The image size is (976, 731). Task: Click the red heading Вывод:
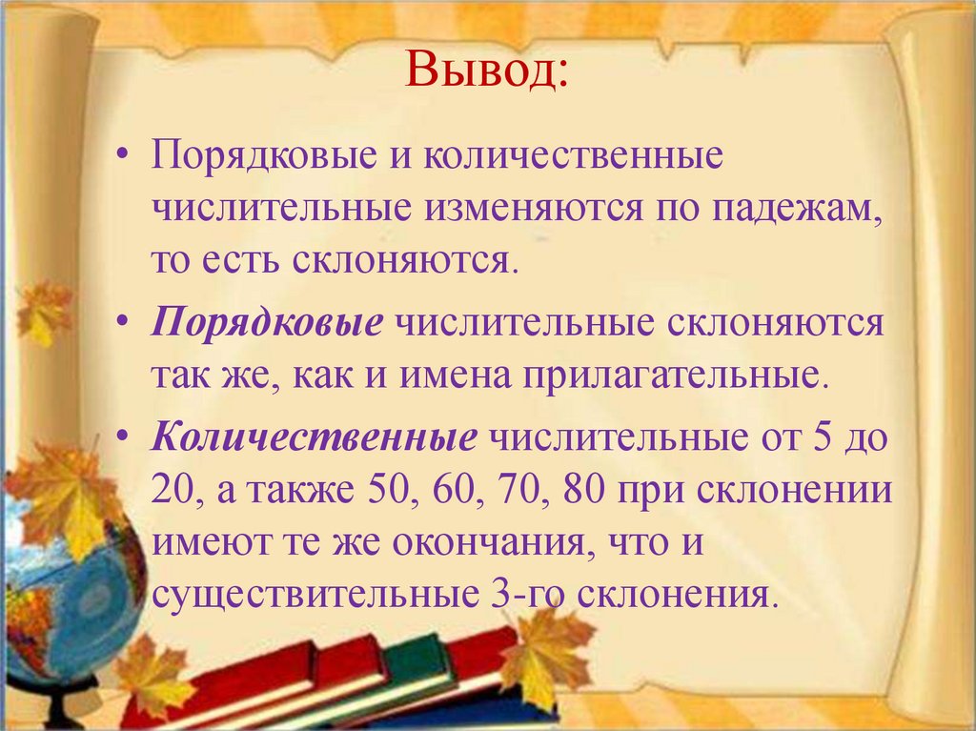487,70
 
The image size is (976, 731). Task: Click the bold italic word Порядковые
267,323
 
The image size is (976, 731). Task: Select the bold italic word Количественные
315,437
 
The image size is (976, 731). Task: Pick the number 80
584,490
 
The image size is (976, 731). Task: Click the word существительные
315,595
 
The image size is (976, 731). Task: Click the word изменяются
534,210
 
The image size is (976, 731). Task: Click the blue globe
69,599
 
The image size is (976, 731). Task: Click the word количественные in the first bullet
573,155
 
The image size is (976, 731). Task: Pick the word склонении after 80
794,490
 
